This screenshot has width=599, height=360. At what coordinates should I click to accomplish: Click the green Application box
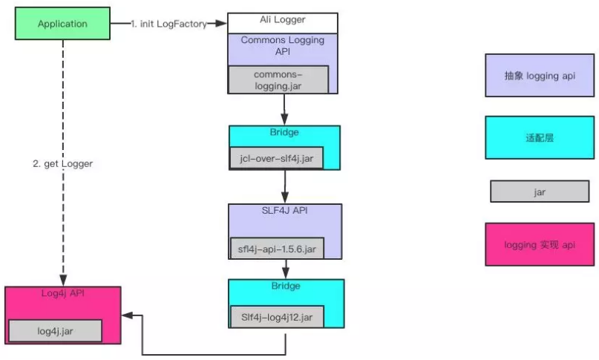(62, 24)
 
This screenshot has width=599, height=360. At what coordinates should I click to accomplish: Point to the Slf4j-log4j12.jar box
(277, 318)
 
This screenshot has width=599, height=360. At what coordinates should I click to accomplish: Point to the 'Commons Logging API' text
(283, 46)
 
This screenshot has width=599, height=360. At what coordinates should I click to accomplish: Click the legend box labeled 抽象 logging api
(540, 75)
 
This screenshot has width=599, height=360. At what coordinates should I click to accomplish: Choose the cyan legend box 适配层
(540, 137)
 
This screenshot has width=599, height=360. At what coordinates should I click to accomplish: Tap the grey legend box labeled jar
(540, 192)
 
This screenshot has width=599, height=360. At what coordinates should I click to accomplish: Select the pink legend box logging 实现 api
(540, 244)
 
